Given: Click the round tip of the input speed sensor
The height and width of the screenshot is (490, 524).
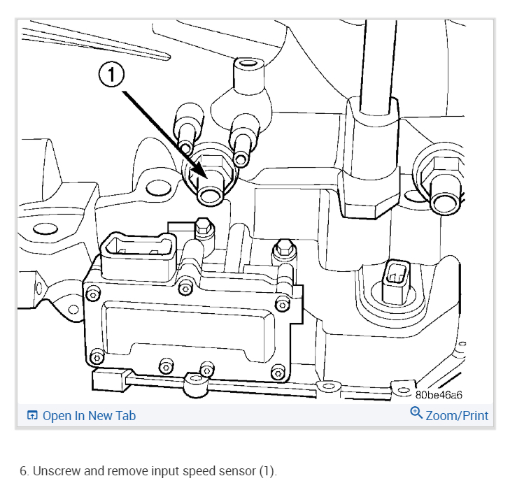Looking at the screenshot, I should click(x=209, y=196).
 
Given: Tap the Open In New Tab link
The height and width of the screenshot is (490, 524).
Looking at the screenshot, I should click(x=89, y=416).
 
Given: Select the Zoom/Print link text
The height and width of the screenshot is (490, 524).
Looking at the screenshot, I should click(x=457, y=416).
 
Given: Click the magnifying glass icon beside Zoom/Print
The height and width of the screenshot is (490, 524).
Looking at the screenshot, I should click(x=416, y=414).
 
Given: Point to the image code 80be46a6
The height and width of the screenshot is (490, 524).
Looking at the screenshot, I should click(x=439, y=395).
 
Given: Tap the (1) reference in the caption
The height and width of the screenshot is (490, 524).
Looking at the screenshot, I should click(x=267, y=471).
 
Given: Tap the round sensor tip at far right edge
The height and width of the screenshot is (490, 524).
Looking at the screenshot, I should click(x=442, y=201).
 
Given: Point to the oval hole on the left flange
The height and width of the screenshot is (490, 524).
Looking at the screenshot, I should click(x=45, y=228).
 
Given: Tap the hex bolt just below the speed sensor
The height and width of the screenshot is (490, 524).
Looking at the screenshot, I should click(x=204, y=226).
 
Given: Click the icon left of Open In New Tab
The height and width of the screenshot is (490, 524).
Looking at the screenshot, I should click(x=32, y=416).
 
